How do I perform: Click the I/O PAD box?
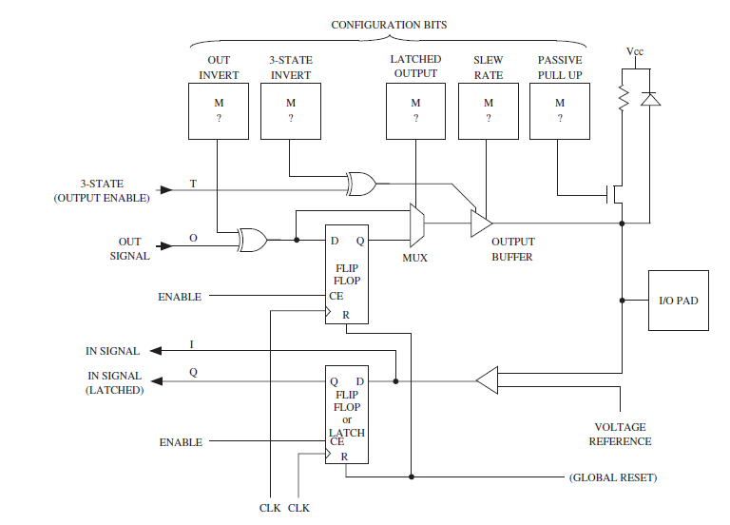click(x=678, y=301)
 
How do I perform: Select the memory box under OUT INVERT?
click(x=219, y=110)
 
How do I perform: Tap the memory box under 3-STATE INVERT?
click(x=290, y=110)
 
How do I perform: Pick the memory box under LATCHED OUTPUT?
click(x=415, y=110)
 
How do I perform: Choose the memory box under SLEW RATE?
click(x=488, y=110)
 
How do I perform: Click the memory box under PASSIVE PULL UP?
click(x=560, y=110)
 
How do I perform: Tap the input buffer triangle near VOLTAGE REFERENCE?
click(x=487, y=381)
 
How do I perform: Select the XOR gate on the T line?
click(x=361, y=182)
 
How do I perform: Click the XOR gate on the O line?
click(x=253, y=241)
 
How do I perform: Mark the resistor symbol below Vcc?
click(x=623, y=97)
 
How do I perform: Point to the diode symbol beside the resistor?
click(x=651, y=97)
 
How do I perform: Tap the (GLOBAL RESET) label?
click(x=612, y=476)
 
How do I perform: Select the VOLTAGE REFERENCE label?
click(x=621, y=434)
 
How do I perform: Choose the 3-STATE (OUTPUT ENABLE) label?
click(x=115, y=190)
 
